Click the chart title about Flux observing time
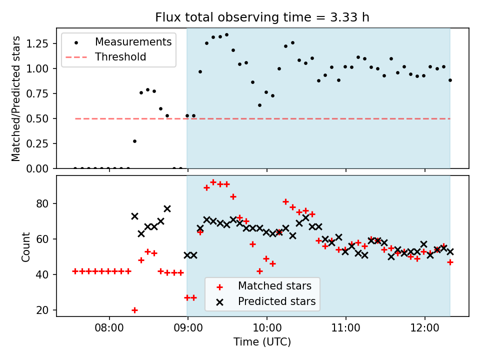tap(262, 17)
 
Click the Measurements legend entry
tap(133, 41)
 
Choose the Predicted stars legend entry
tap(276, 301)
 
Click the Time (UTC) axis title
tap(262, 342)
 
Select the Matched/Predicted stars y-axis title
tap(16, 98)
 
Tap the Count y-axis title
tap(26, 246)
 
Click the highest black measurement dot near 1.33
tap(226, 35)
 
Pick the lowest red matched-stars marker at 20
tap(134, 310)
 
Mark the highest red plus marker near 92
tap(213, 182)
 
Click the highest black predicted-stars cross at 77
tap(167, 208)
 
